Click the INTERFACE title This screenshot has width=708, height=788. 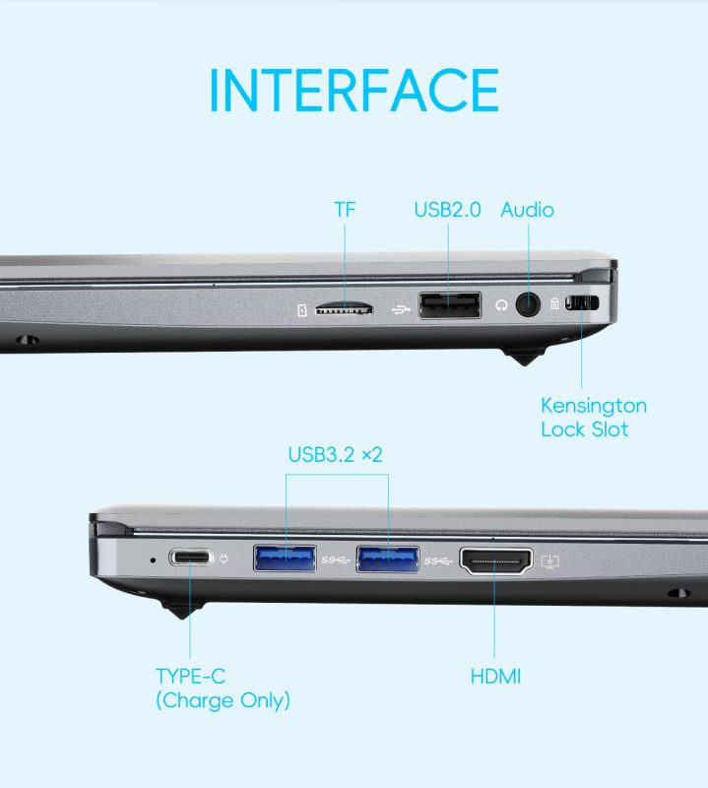(354, 91)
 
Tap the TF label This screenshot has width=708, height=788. (345, 210)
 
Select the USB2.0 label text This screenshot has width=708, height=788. (447, 210)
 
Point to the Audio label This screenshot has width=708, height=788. (528, 210)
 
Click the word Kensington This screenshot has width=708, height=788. (594, 406)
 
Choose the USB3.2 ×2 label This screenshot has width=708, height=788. (335, 454)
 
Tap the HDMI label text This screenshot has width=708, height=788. (495, 677)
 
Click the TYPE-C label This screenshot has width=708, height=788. (190, 676)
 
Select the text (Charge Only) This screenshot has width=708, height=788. (224, 700)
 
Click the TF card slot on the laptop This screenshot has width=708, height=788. (344, 308)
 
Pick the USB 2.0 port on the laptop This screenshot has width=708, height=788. (450, 305)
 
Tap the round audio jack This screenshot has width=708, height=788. (528, 304)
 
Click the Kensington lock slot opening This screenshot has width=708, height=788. (582, 303)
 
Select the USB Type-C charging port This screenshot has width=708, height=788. (191, 558)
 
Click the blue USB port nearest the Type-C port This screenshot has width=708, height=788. (285, 558)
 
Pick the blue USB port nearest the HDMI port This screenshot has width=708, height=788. (388, 559)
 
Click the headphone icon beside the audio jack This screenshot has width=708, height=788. (501, 305)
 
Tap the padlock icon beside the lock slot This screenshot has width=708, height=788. (554, 303)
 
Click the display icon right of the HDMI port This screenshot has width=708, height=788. (550, 560)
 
